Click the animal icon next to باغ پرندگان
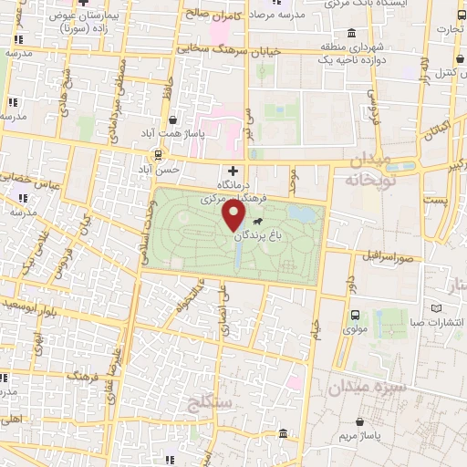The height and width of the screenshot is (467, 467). (259, 222)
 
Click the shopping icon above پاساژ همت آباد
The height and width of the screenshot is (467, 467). (173, 119)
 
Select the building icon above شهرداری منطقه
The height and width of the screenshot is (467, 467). (326, 32)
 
